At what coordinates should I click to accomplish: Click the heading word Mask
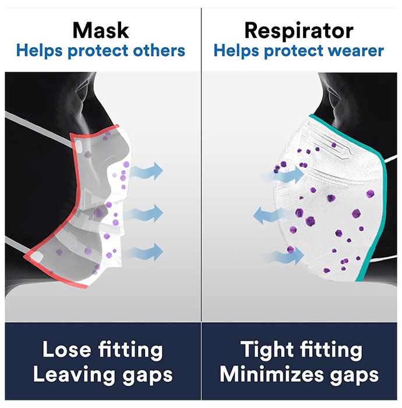[x=101, y=30]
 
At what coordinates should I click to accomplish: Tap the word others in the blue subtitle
[x=159, y=50]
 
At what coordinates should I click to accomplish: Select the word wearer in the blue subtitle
[x=356, y=51]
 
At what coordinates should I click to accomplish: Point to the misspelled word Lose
[x=66, y=350]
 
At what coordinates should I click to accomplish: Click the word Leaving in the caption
[x=74, y=375]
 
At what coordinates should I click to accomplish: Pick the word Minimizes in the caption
[x=271, y=375]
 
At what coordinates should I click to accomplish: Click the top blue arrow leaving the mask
[x=146, y=171]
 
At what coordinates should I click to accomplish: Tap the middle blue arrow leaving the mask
[x=144, y=213]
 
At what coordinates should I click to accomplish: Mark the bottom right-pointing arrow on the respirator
[x=283, y=255]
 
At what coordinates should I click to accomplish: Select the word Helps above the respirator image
[x=236, y=51]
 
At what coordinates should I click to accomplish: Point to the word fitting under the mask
[x=131, y=350]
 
